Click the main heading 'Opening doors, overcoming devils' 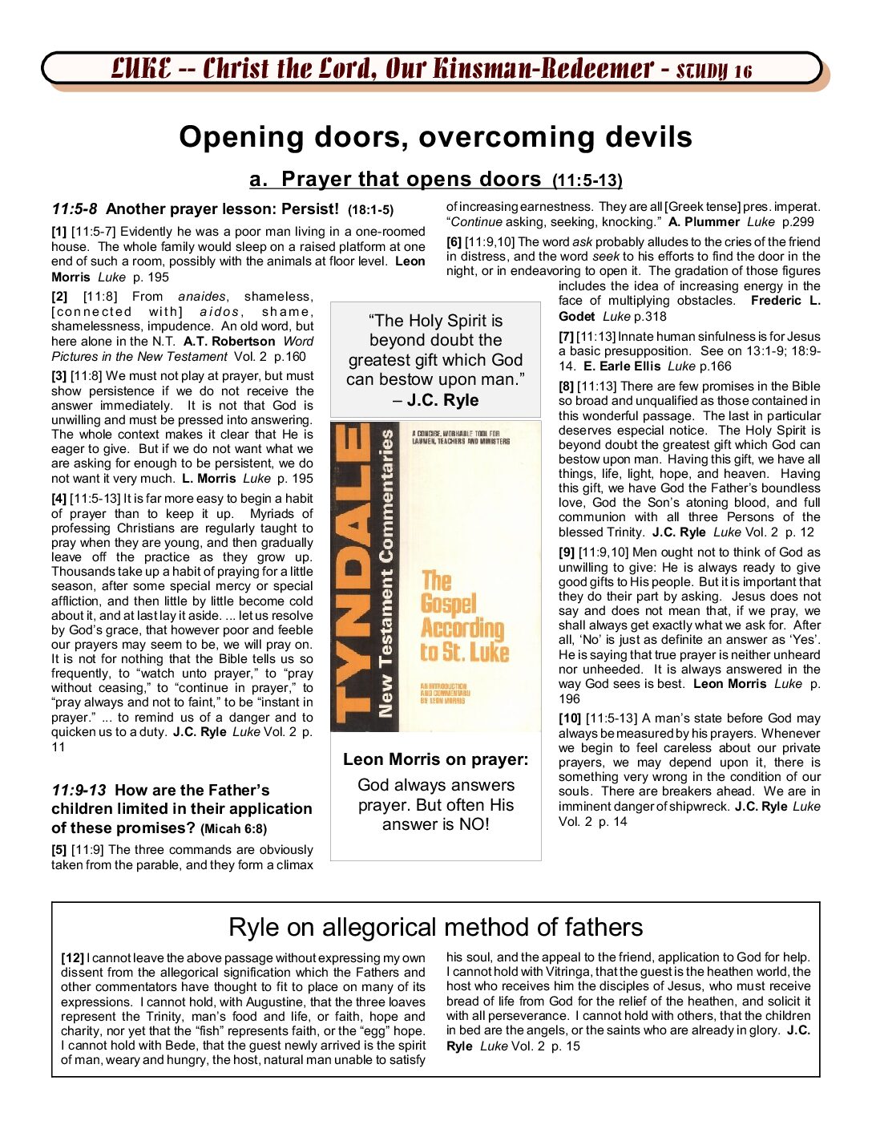point(435,137)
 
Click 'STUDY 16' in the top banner point(714,71)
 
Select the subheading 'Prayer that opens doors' point(411,180)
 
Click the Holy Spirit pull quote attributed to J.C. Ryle point(435,360)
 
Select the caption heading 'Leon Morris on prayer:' point(435,759)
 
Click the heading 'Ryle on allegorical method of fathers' point(435,927)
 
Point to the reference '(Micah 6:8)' point(234,829)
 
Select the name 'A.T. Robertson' point(228,342)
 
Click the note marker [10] point(570,718)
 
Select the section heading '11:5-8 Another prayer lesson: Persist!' point(222,210)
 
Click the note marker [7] point(566,337)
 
